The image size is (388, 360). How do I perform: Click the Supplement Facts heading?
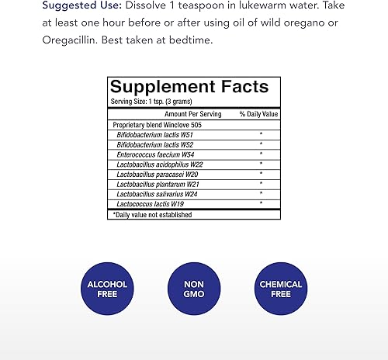[x=189, y=88]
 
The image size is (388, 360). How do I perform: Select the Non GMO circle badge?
[x=193, y=289]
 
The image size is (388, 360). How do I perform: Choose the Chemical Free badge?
[x=281, y=289]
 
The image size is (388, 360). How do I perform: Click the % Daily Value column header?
[x=258, y=114]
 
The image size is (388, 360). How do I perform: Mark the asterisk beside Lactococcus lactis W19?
[x=261, y=203]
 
